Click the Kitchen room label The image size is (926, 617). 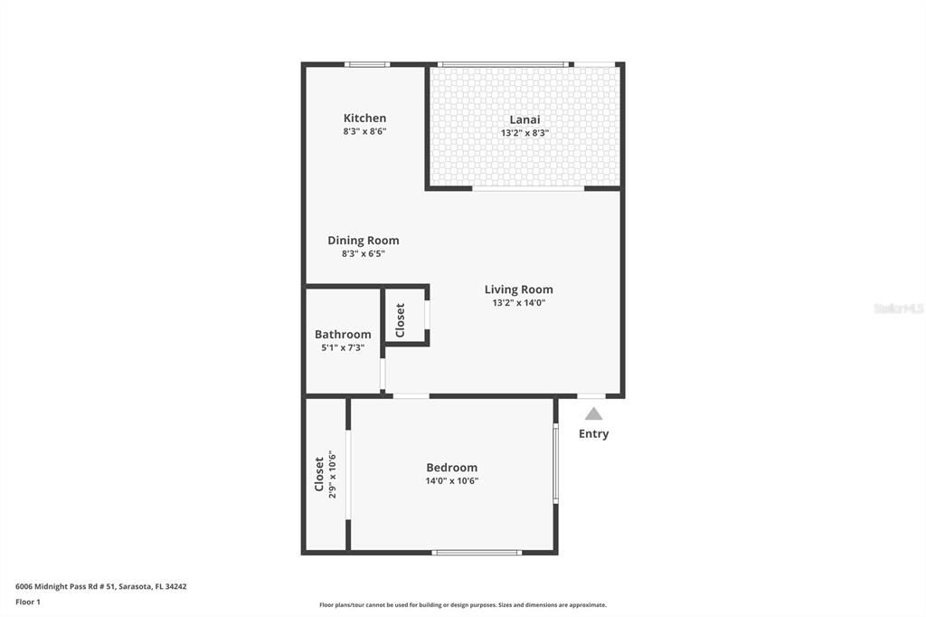364,119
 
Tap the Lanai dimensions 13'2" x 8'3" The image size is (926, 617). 524,133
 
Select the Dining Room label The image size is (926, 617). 364,241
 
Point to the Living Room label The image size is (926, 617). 518,290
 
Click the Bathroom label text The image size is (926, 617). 343,335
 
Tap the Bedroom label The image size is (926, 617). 452,468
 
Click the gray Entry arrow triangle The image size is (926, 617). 593,413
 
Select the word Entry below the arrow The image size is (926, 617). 593,433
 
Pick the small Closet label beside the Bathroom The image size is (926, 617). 400,320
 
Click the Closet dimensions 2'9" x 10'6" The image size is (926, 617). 332,475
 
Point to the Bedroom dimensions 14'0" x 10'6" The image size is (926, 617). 452,481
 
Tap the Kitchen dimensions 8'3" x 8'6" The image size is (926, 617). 364,132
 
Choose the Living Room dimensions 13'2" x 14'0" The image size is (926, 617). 518,303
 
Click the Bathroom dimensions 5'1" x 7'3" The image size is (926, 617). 343,348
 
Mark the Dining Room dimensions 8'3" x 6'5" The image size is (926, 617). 364,254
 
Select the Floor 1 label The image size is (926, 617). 28,603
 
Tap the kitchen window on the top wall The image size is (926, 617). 367,64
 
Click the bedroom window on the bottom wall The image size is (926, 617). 477,553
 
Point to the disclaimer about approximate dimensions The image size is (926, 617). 463,605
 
